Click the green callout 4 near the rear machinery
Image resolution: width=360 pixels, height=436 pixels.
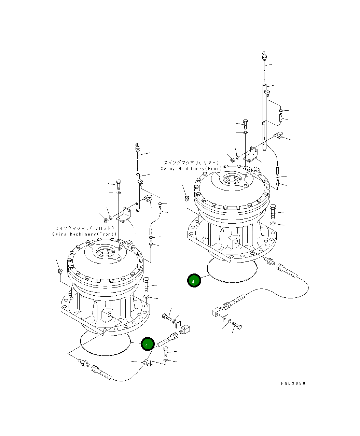point(194,281)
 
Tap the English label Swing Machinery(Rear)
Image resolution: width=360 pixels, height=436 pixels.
point(191,168)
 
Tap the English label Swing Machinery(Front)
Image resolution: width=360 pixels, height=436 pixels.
point(84,234)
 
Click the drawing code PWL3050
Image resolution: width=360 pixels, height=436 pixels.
point(293,383)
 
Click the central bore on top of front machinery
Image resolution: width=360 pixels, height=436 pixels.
point(105,253)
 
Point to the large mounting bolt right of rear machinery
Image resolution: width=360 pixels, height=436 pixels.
point(273,212)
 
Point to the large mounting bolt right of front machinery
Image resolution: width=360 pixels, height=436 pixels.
point(147,284)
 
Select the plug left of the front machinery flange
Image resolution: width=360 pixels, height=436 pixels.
point(60,271)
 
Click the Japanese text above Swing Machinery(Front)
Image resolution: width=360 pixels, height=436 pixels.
point(84,228)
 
